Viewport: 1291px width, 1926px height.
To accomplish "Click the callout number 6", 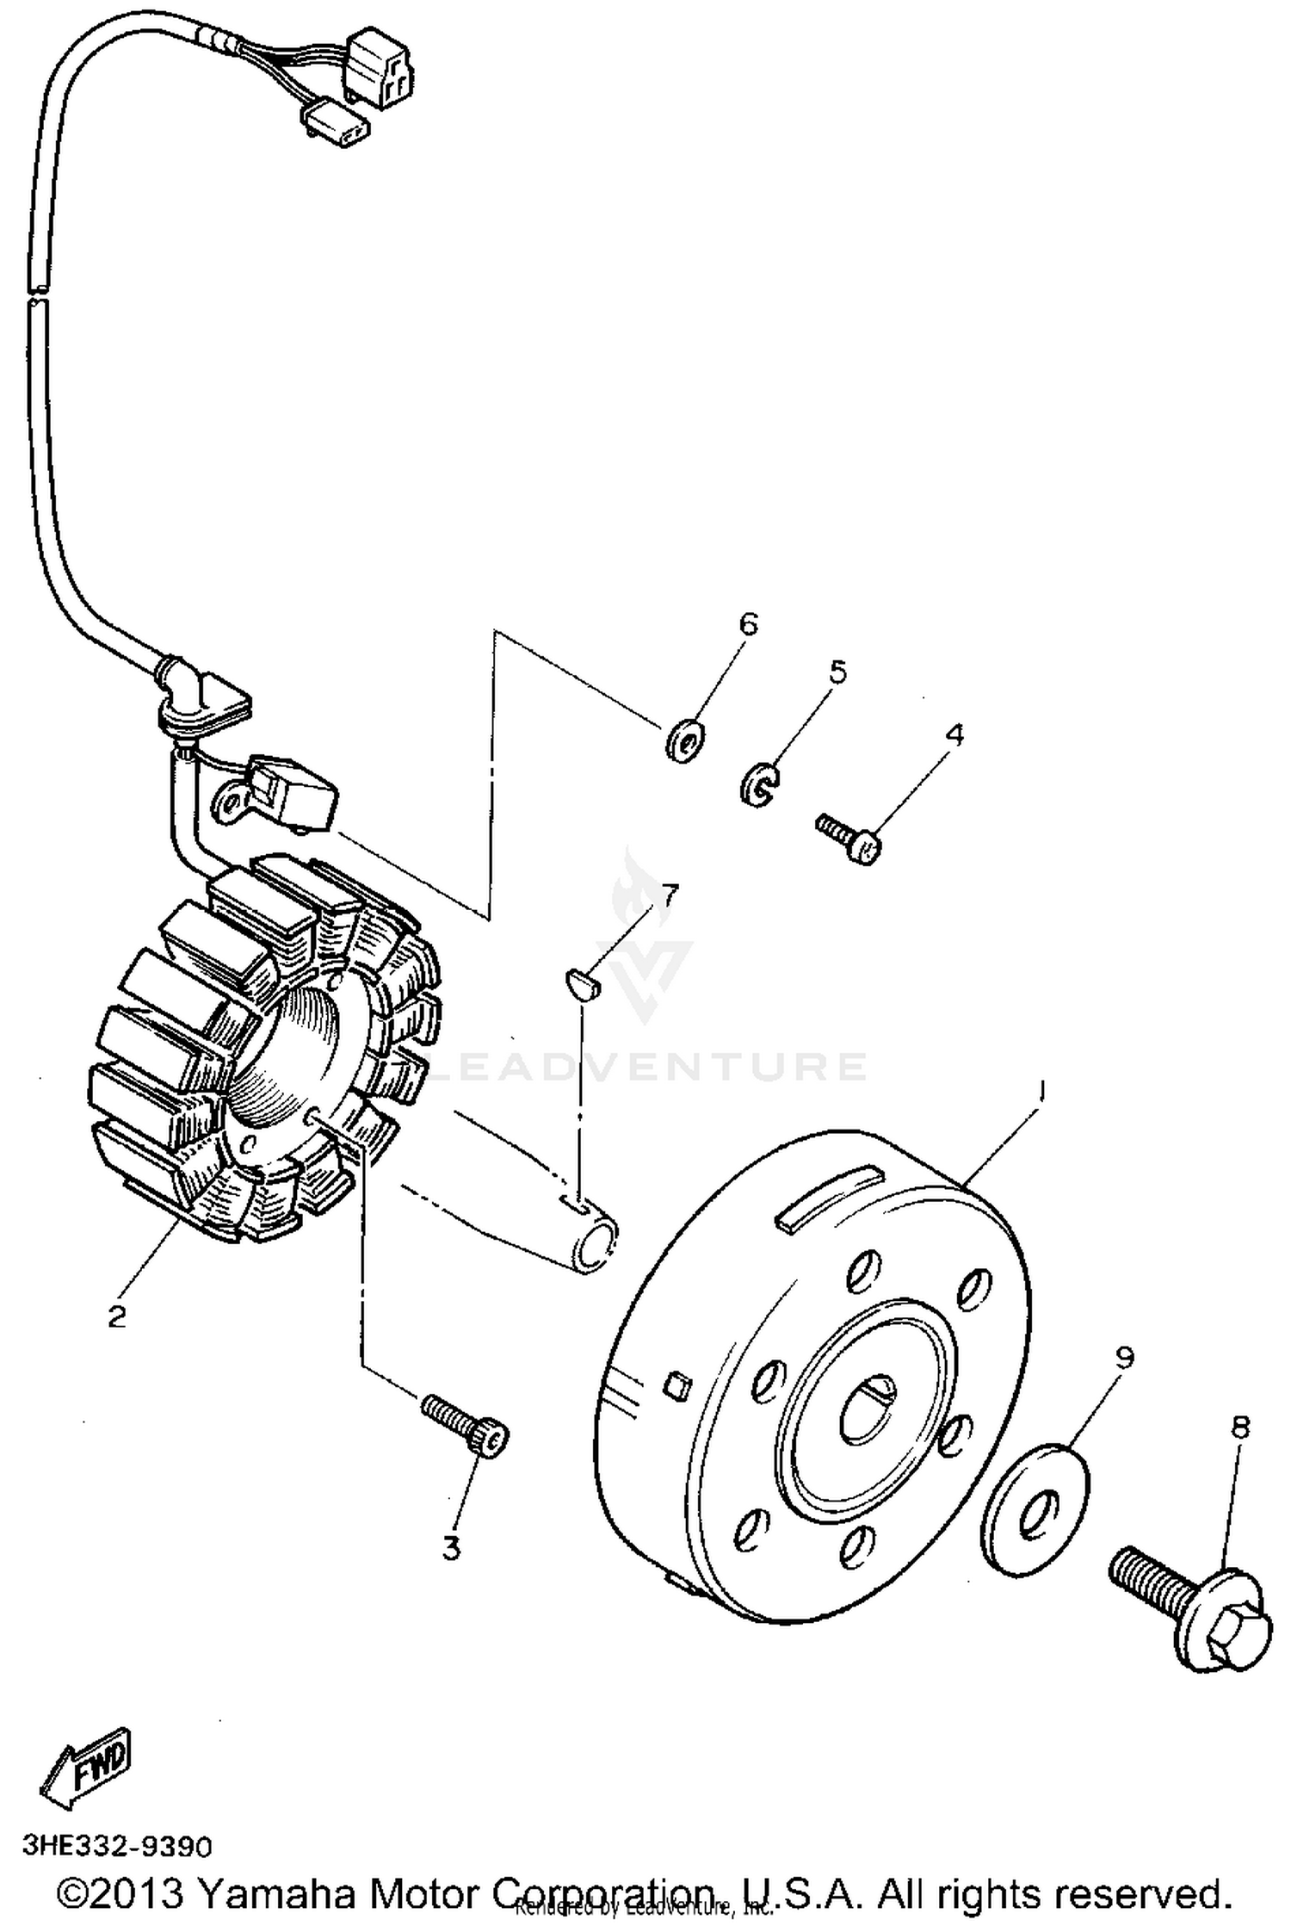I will pos(749,624).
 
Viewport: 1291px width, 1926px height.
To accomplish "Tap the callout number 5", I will pos(837,672).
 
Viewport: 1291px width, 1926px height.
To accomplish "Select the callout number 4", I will pos(954,734).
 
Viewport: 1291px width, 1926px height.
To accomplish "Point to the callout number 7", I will pos(669,895).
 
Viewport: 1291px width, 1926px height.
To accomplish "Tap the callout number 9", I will pos(1124,1358).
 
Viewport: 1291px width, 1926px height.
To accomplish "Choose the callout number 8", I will pos(1239,1427).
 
